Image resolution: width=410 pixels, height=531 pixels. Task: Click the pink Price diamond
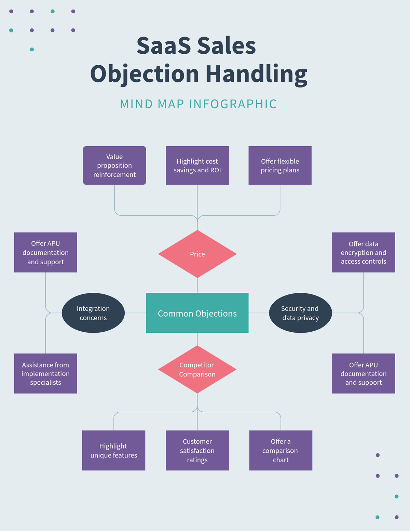197,254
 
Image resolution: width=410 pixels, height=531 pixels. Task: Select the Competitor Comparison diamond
197,370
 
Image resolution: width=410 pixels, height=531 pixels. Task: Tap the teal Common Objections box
197,313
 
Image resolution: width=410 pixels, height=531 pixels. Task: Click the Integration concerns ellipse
93,313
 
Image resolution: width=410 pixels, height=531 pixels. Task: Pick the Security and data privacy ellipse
300,313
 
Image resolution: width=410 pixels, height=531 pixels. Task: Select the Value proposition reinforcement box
114,165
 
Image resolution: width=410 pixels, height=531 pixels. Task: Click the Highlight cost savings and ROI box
197,165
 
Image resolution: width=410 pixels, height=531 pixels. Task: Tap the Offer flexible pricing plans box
280,165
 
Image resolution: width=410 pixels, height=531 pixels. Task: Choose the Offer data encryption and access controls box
364,252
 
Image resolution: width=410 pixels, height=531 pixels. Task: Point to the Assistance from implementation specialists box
45,373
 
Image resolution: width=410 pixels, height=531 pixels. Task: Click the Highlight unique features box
114,450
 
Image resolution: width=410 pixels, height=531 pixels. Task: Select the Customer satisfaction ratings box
197,450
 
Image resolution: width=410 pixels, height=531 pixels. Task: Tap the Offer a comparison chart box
281,450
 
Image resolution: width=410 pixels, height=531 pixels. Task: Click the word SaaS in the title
163,46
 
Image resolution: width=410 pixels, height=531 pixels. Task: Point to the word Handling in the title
256,74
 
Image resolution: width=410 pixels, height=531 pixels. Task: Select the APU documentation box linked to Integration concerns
45,252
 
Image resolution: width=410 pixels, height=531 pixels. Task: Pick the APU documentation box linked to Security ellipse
364,373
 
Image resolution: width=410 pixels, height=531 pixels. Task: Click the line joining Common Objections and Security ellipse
259,313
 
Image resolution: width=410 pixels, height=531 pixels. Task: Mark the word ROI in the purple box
216,170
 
